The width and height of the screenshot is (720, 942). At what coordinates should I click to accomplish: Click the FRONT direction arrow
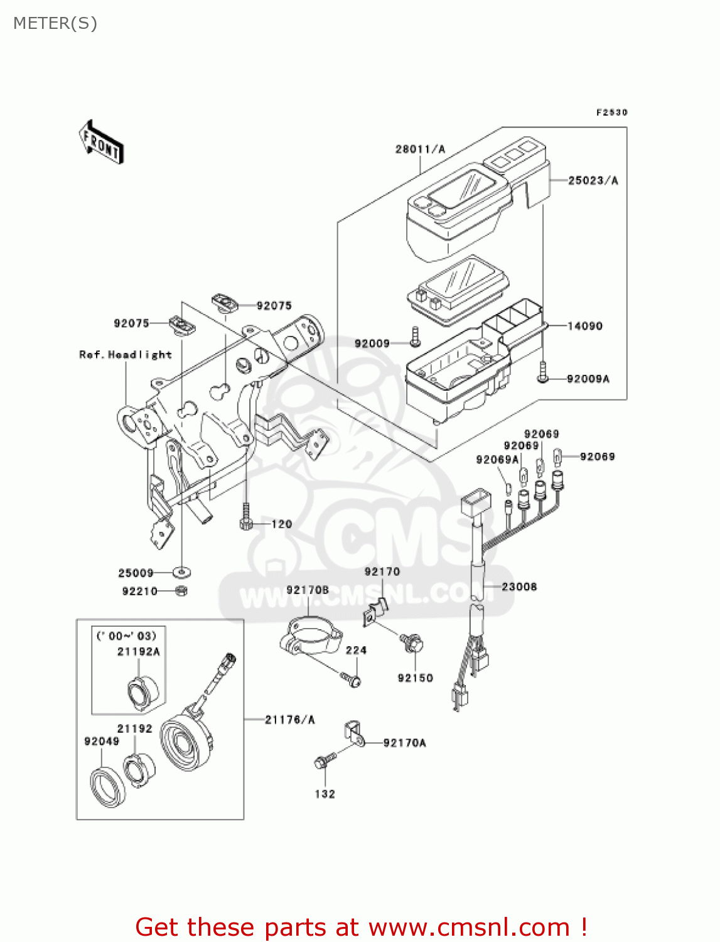point(101,143)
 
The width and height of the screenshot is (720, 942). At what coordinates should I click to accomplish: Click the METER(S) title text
point(55,23)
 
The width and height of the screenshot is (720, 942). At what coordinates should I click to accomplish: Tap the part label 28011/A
point(420,149)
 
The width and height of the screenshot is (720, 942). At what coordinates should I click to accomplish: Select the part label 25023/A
point(593,180)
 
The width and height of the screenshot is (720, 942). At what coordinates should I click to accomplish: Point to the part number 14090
point(584,326)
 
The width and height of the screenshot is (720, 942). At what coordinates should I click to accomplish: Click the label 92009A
point(588,379)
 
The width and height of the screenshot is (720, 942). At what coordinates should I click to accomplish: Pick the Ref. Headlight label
point(125,355)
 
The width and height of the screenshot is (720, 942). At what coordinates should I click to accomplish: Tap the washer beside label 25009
point(182,572)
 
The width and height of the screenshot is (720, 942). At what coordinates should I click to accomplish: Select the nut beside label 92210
point(181,590)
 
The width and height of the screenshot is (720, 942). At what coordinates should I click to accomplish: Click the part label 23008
point(519,587)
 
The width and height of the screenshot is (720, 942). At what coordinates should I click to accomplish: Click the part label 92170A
point(404,743)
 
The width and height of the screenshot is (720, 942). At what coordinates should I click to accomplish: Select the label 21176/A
point(289,720)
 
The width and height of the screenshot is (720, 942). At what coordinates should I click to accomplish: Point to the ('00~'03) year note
point(126,636)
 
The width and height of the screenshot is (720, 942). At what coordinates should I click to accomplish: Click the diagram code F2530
point(611,112)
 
